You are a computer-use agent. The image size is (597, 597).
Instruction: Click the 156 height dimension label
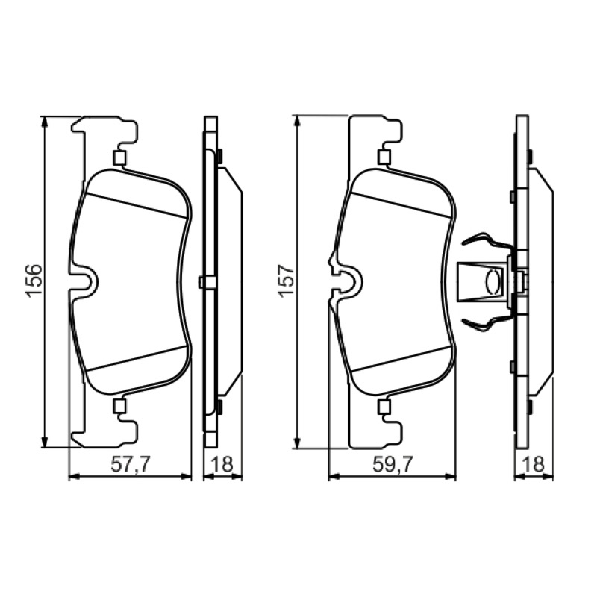34,280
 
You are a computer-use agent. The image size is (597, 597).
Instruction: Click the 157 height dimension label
287,280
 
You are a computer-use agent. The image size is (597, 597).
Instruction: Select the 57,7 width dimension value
131,464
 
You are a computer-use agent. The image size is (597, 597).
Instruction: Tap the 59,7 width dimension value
393,464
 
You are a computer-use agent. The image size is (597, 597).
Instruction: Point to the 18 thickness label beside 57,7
222,464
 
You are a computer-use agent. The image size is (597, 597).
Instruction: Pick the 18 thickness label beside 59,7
534,464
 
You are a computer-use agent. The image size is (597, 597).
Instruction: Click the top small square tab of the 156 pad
119,158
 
